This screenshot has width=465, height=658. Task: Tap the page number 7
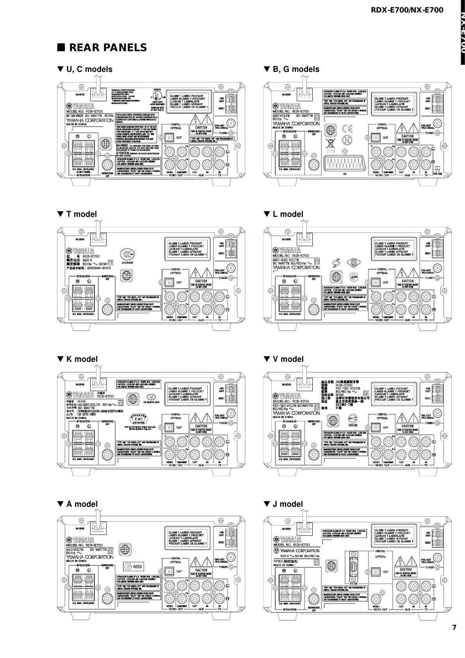(454, 628)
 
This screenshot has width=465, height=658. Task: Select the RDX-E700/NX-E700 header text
(407, 10)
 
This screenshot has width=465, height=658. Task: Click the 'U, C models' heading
(85, 69)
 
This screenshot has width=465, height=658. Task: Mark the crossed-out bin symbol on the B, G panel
(330, 143)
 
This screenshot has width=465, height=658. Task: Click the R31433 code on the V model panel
(353, 425)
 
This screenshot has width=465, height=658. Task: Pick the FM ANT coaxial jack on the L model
(437, 268)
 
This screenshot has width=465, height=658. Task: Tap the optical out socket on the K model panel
(169, 427)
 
